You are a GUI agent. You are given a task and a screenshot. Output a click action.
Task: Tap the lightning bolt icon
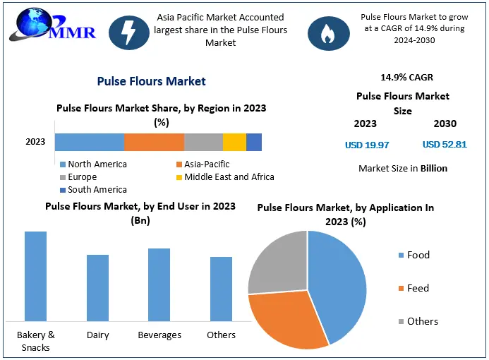coord(129,32)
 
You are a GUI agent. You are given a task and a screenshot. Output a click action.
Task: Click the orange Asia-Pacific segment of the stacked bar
coord(154,142)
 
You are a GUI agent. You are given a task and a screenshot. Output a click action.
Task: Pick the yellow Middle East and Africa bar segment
coord(234,142)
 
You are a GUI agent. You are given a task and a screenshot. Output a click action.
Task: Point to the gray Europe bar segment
coord(203,142)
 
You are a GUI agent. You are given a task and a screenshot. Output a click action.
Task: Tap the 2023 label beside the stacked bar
coord(35,142)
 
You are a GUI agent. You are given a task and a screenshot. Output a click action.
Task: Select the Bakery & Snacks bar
coord(36,276)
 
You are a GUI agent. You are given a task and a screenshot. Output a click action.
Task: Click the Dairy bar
coord(97,287)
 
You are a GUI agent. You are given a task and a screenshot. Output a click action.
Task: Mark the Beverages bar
coord(159,284)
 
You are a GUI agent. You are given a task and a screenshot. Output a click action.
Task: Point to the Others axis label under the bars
coord(221,335)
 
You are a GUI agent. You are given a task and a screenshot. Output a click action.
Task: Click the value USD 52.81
coord(445,145)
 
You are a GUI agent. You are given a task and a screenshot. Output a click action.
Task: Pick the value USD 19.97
coord(367,145)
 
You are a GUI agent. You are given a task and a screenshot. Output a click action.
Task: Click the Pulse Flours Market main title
coord(152,81)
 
